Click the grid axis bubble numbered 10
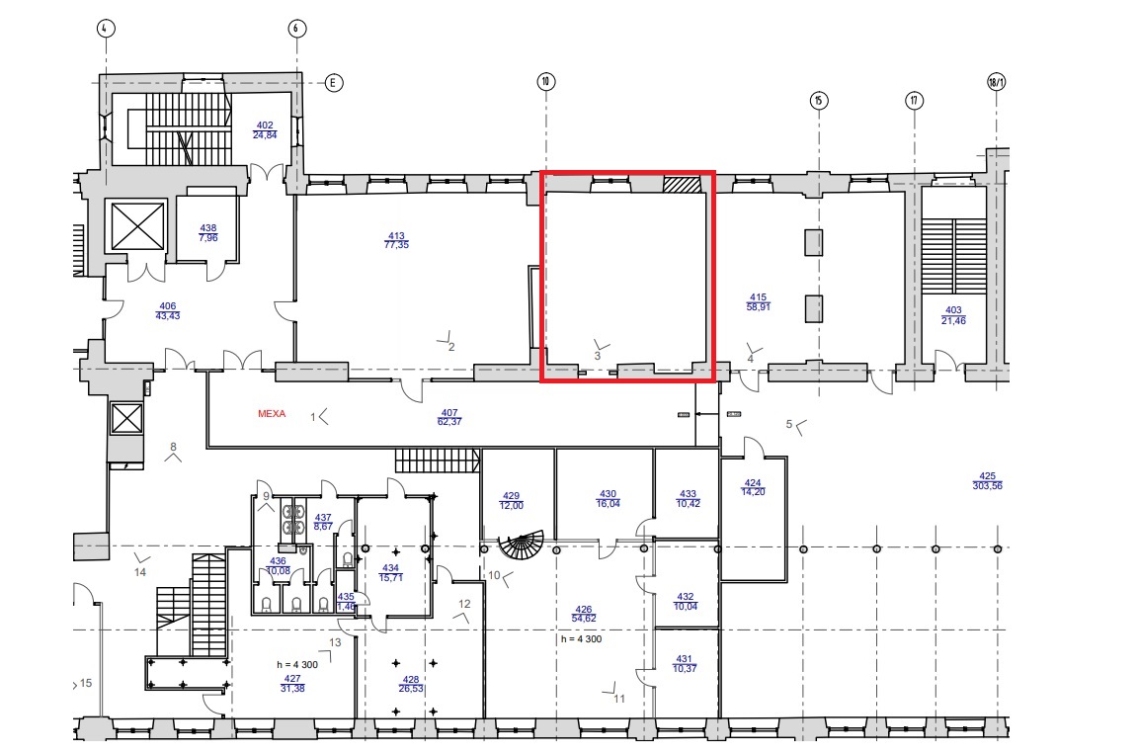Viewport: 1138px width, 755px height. [x=545, y=81]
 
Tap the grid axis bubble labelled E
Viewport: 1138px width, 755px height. [x=333, y=83]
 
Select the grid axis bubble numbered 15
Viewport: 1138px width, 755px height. [x=819, y=100]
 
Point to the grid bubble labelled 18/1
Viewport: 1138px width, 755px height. [x=997, y=82]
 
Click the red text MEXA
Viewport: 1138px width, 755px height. [x=273, y=414]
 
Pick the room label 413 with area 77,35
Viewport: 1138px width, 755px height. [x=396, y=240]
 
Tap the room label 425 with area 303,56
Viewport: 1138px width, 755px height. [x=987, y=481]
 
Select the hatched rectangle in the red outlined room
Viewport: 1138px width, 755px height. [x=683, y=184]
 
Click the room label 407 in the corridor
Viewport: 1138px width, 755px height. [x=449, y=417]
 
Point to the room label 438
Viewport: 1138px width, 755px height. [x=208, y=233]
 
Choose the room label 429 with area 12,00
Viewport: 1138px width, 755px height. [x=512, y=501]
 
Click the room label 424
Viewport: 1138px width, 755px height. [x=754, y=487]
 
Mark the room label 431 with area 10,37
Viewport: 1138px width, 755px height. [x=685, y=664]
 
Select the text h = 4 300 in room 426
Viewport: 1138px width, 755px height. [x=581, y=639]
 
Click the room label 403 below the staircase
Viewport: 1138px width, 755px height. [x=953, y=315]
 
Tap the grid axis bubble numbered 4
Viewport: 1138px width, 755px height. [x=106, y=29]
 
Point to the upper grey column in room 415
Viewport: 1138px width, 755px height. [x=814, y=242]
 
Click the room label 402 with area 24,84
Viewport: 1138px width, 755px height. [x=265, y=129]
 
